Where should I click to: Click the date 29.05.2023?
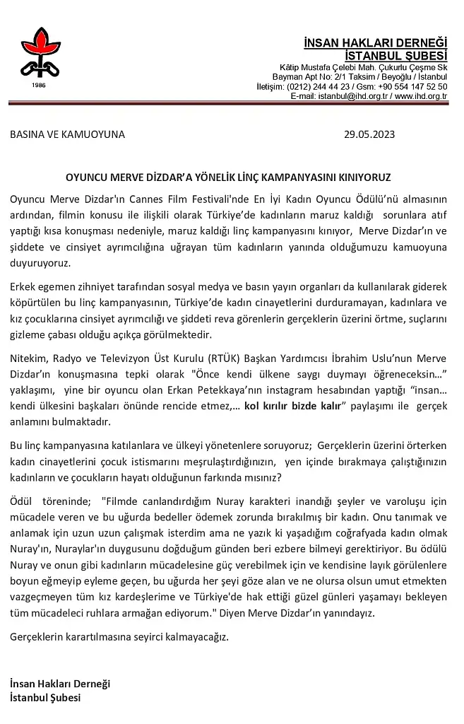click(369, 134)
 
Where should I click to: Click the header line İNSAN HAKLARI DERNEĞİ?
click(375, 43)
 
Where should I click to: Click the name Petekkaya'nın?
click(243, 388)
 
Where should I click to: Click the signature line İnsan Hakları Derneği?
click(61, 684)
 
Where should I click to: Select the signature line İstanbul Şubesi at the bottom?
click(45, 697)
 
